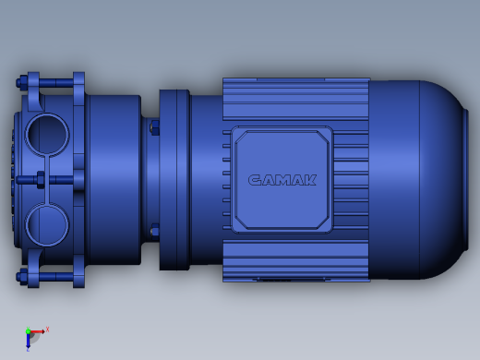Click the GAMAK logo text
pos(282,180)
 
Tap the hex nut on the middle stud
pos(41,180)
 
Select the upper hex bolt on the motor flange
pos(154,127)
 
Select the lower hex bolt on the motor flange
pos(154,232)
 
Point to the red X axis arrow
pos(38,331)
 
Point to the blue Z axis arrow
pos(28,341)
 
